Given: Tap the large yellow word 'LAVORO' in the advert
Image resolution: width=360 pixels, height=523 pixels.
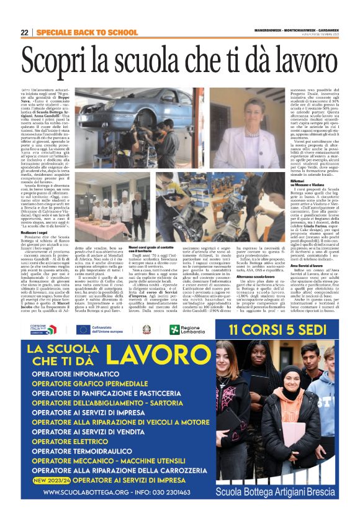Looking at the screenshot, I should coord(151,355).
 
